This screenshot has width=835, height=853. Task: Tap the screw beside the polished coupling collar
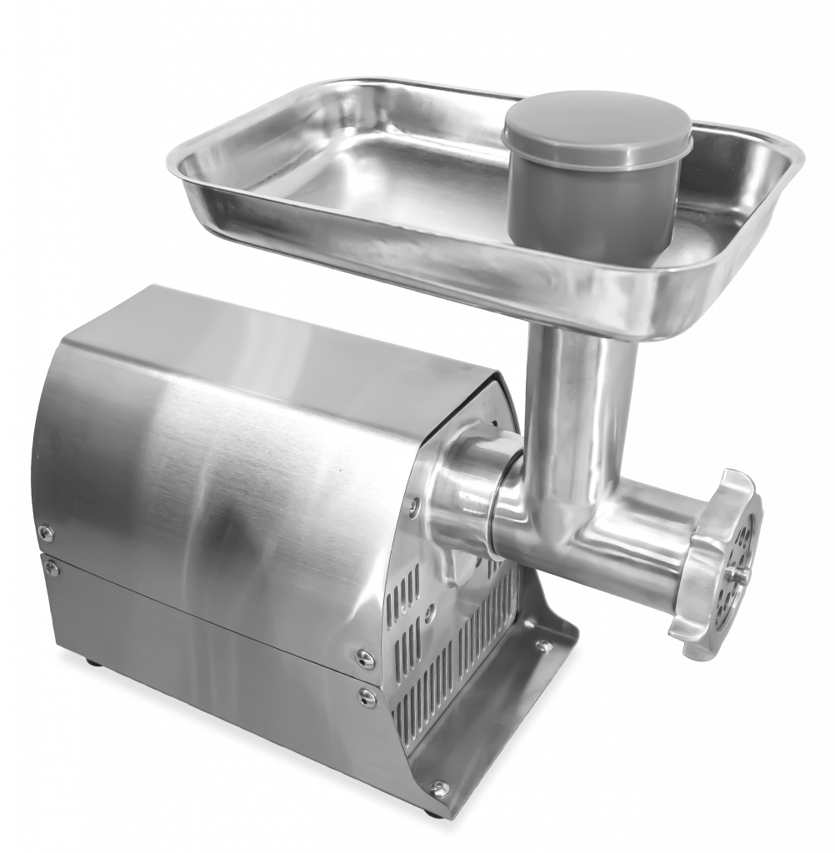pos(414,501)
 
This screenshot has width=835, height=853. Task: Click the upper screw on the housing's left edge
pos(46,531)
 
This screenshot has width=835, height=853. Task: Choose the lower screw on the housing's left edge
pos(52,566)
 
